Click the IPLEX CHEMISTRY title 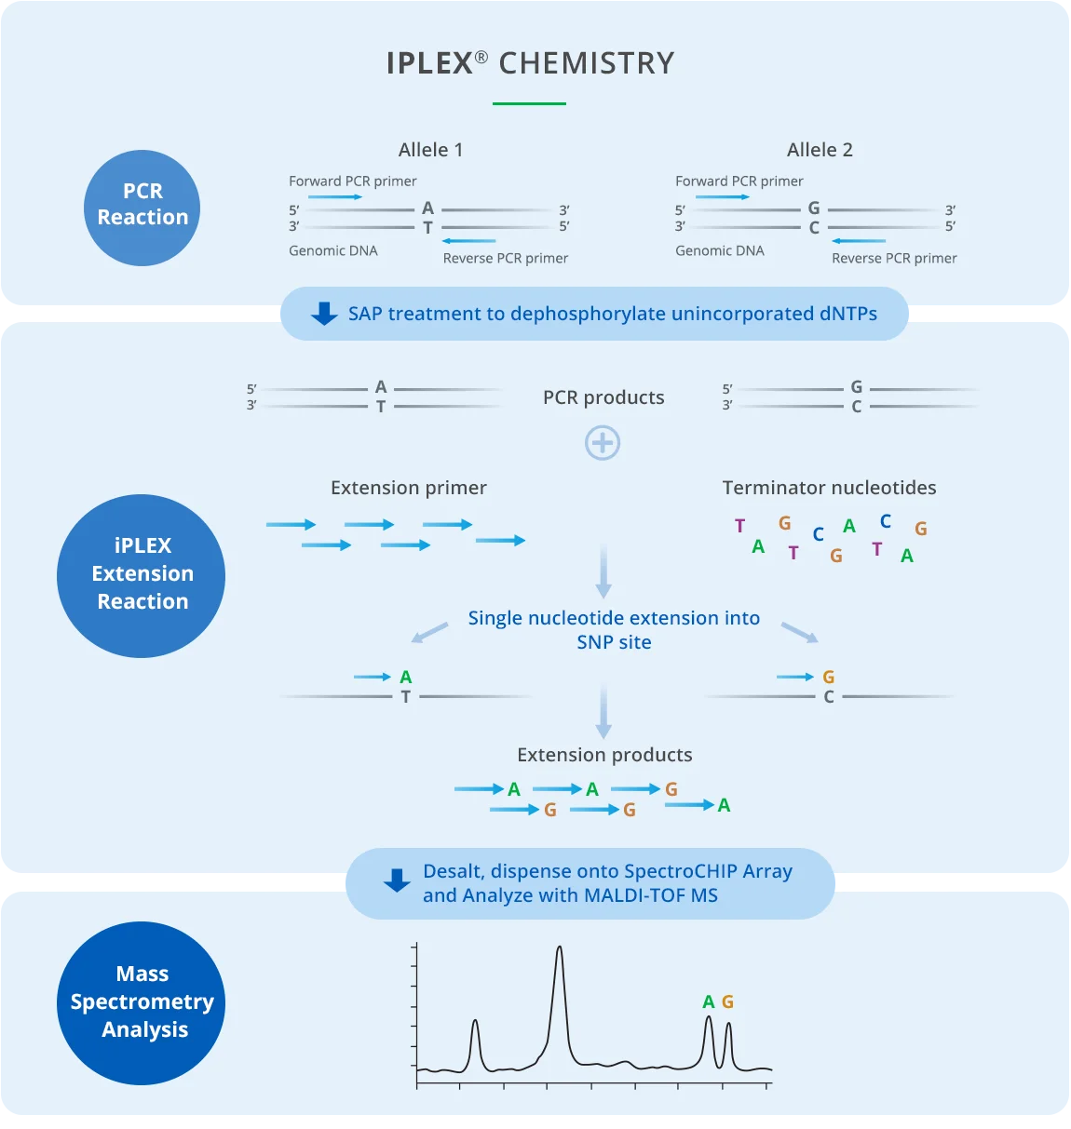[530, 63]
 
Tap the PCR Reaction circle [142, 208]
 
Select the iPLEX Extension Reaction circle [142, 575]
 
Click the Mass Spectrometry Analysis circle [142, 1002]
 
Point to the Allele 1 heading [430, 150]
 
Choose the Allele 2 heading [820, 150]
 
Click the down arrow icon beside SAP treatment [324, 314]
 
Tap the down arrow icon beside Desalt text [397, 880]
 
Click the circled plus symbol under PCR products [603, 443]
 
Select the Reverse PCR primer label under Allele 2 [894, 258]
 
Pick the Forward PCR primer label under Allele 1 [353, 181]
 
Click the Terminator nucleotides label [829, 488]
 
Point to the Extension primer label [408, 488]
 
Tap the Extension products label [604, 755]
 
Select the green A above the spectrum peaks [708, 1001]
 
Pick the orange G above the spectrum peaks [727, 1001]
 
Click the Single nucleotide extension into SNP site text [614, 630]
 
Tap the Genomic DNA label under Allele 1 [333, 250]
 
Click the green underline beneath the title [529, 103]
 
